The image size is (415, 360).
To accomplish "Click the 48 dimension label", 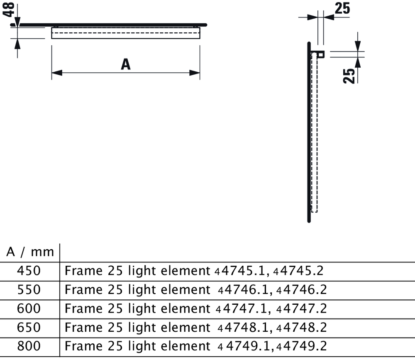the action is point(8,10).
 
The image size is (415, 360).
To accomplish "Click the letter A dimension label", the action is point(126,64).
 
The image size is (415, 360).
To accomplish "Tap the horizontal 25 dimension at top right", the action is point(342,8).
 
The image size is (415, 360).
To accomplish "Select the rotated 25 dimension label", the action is point(349,76).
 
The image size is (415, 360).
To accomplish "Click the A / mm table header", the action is point(30,252).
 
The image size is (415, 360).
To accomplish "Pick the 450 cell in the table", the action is point(29,271).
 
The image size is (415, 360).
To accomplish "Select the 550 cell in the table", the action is point(29,289).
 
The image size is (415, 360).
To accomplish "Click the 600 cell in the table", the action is point(29,309).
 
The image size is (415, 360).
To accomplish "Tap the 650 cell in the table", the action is point(29,328).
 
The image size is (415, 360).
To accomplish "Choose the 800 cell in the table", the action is point(29,346).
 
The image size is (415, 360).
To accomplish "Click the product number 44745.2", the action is point(298,271).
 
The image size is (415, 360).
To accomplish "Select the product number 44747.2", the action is point(302,309).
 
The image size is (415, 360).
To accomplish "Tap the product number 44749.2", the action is point(302,346).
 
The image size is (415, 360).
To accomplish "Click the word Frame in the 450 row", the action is point(83,271).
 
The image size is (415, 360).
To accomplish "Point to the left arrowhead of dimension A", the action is point(57,73).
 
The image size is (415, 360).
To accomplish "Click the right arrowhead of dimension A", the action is point(195,73).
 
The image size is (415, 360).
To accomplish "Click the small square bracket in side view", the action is point(321,54).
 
